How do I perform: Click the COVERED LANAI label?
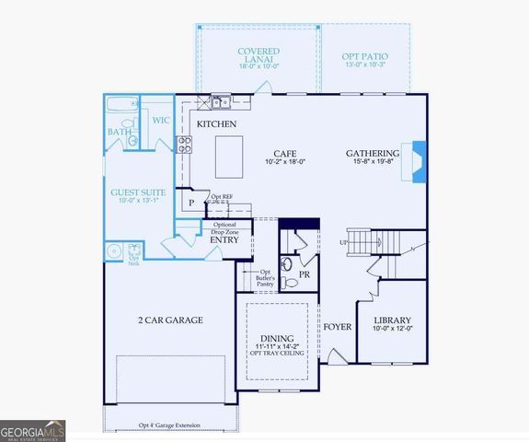tap(259, 56)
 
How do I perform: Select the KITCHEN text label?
tap(216, 124)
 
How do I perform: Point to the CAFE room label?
tap(283, 154)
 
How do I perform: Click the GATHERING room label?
tap(373, 154)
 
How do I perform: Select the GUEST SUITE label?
tap(136, 193)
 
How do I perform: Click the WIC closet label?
tap(161, 120)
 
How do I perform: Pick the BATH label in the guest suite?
tap(120, 133)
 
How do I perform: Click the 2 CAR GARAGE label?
tap(170, 320)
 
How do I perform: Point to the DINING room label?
tap(277, 338)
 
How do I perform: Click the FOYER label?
tap(337, 327)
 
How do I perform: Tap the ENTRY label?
tap(224, 240)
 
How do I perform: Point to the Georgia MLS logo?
tap(33, 430)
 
